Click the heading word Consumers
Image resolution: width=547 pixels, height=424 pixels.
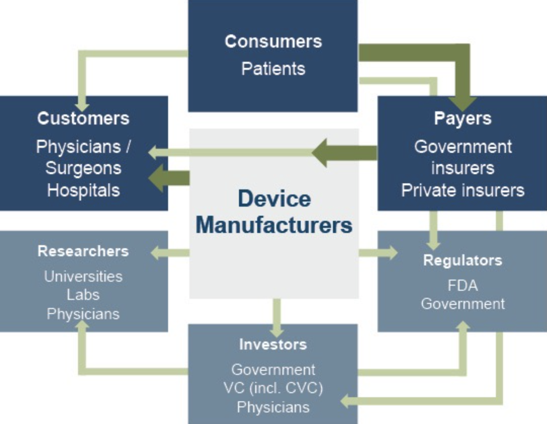click(x=273, y=41)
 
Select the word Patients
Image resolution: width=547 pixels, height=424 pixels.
click(x=273, y=68)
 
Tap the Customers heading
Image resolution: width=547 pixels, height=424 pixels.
click(x=83, y=118)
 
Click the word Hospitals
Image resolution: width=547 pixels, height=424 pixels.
click(x=83, y=190)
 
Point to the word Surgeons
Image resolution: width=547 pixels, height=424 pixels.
click(x=83, y=168)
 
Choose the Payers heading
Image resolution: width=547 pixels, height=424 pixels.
click(x=462, y=118)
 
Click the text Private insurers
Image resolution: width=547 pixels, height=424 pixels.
click(x=462, y=190)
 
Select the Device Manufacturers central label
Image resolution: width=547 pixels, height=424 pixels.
click(x=274, y=212)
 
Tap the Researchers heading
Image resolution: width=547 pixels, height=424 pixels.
click(x=83, y=251)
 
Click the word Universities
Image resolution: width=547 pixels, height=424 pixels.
click(x=83, y=277)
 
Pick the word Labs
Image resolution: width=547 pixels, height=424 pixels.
click(x=83, y=295)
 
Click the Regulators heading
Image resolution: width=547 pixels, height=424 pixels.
click(x=462, y=260)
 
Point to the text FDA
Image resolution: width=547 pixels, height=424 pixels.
click(x=462, y=286)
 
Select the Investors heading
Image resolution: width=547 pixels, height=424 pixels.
click(x=273, y=344)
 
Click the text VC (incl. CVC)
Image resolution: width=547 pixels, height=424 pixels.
click(x=273, y=388)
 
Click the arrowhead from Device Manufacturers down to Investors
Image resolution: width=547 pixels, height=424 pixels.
click(x=277, y=329)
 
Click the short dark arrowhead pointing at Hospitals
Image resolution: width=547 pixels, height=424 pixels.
click(x=156, y=178)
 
